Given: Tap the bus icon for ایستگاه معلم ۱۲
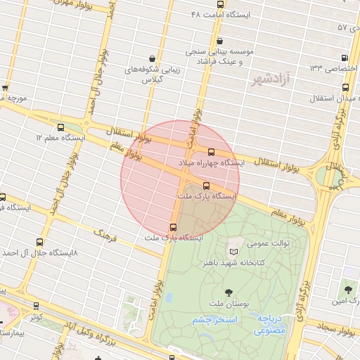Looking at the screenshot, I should click(60, 128).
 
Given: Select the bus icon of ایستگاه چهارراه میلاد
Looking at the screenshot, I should click(211, 152).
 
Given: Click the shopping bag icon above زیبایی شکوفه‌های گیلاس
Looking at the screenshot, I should click(152, 58).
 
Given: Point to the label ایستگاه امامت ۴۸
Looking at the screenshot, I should click(221, 14).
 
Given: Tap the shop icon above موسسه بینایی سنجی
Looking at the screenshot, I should click(221, 41).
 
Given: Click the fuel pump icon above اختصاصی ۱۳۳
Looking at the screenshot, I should click(344, 58).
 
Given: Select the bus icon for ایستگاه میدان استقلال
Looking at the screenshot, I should click(345, 87).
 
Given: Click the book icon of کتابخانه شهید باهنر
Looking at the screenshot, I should click(233, 251).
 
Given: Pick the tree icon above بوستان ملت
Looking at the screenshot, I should click(228, 291).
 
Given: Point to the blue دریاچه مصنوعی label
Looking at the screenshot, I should click(272, 322).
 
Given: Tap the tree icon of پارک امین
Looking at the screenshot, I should click(347, 288).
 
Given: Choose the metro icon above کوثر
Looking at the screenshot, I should click(36, 306).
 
